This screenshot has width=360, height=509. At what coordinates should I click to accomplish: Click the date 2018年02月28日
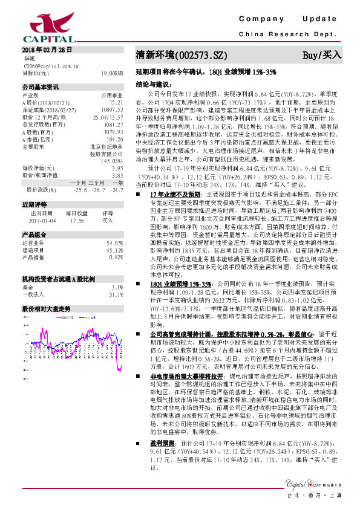pos(47,50)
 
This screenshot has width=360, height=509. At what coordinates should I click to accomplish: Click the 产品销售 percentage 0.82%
pos(116,256)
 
